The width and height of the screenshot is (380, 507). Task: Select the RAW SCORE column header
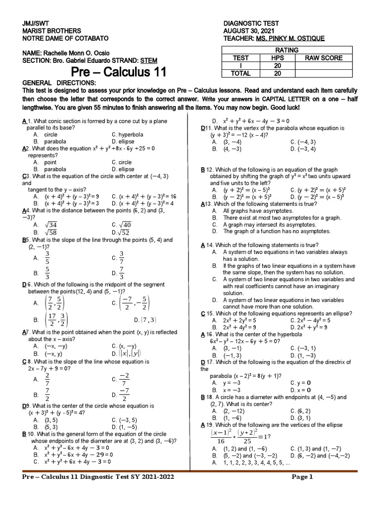(323, 58)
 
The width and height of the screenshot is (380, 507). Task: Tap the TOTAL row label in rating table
(241, 73)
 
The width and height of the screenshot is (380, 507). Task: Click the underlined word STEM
(149, 60)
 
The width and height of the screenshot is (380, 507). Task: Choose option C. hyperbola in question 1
(128, 134)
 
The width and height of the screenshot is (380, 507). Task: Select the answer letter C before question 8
(24, 361)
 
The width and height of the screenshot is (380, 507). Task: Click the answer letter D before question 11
(203, 128)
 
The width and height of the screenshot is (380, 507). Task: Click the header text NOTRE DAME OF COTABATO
(65, 38)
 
